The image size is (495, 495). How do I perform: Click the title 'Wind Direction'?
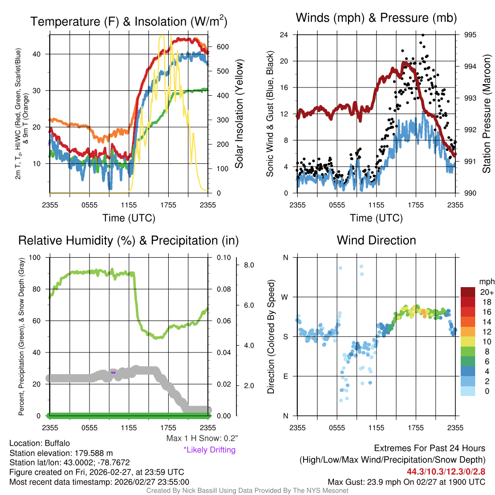pos(376,240)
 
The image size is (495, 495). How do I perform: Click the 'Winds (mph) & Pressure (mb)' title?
pos(376,18)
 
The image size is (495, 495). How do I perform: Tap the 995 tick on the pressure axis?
pos(470,35)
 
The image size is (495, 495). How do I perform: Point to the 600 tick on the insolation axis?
pos(216,47)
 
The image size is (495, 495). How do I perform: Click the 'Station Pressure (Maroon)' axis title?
pos(486,114)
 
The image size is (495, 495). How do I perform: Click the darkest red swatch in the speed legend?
pos(468,291)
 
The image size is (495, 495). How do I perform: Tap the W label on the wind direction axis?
pos(286,297)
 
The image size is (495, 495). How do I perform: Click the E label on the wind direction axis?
pos(286,376)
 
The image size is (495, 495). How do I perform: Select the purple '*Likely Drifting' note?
pos(209,450)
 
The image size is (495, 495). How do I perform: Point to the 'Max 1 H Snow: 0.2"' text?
pos(201,438)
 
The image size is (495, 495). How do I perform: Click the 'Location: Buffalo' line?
pos(40,443)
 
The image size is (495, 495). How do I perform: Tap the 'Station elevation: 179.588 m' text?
pos(61,453)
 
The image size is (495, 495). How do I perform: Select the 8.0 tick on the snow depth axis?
pos(249,265)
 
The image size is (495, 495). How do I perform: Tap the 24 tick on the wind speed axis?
pos(284,35)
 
